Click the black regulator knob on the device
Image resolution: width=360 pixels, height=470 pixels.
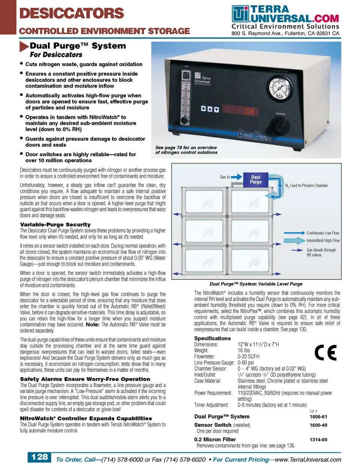280,124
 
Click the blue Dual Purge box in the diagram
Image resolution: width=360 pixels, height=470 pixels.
256,179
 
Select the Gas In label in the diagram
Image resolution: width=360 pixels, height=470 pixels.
225,177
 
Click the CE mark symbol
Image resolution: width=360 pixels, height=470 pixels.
325,352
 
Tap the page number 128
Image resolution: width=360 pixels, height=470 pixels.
39,457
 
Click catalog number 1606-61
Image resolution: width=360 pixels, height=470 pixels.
318,416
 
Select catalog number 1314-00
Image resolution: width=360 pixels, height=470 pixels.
318,440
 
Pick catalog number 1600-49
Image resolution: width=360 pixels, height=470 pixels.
318,425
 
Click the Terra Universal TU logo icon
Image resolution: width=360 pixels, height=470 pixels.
240,14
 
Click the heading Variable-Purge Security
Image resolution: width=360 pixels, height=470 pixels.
55,224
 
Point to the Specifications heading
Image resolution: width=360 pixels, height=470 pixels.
212,338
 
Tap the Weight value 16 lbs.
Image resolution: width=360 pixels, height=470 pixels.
244,350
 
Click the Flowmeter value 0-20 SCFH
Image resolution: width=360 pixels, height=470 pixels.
248,356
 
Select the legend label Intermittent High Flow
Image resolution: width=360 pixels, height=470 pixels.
323,241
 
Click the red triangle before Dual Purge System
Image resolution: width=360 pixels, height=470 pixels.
24,47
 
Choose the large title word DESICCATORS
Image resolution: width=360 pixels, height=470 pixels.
72,14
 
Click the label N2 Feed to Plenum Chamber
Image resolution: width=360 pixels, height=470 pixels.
306,185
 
